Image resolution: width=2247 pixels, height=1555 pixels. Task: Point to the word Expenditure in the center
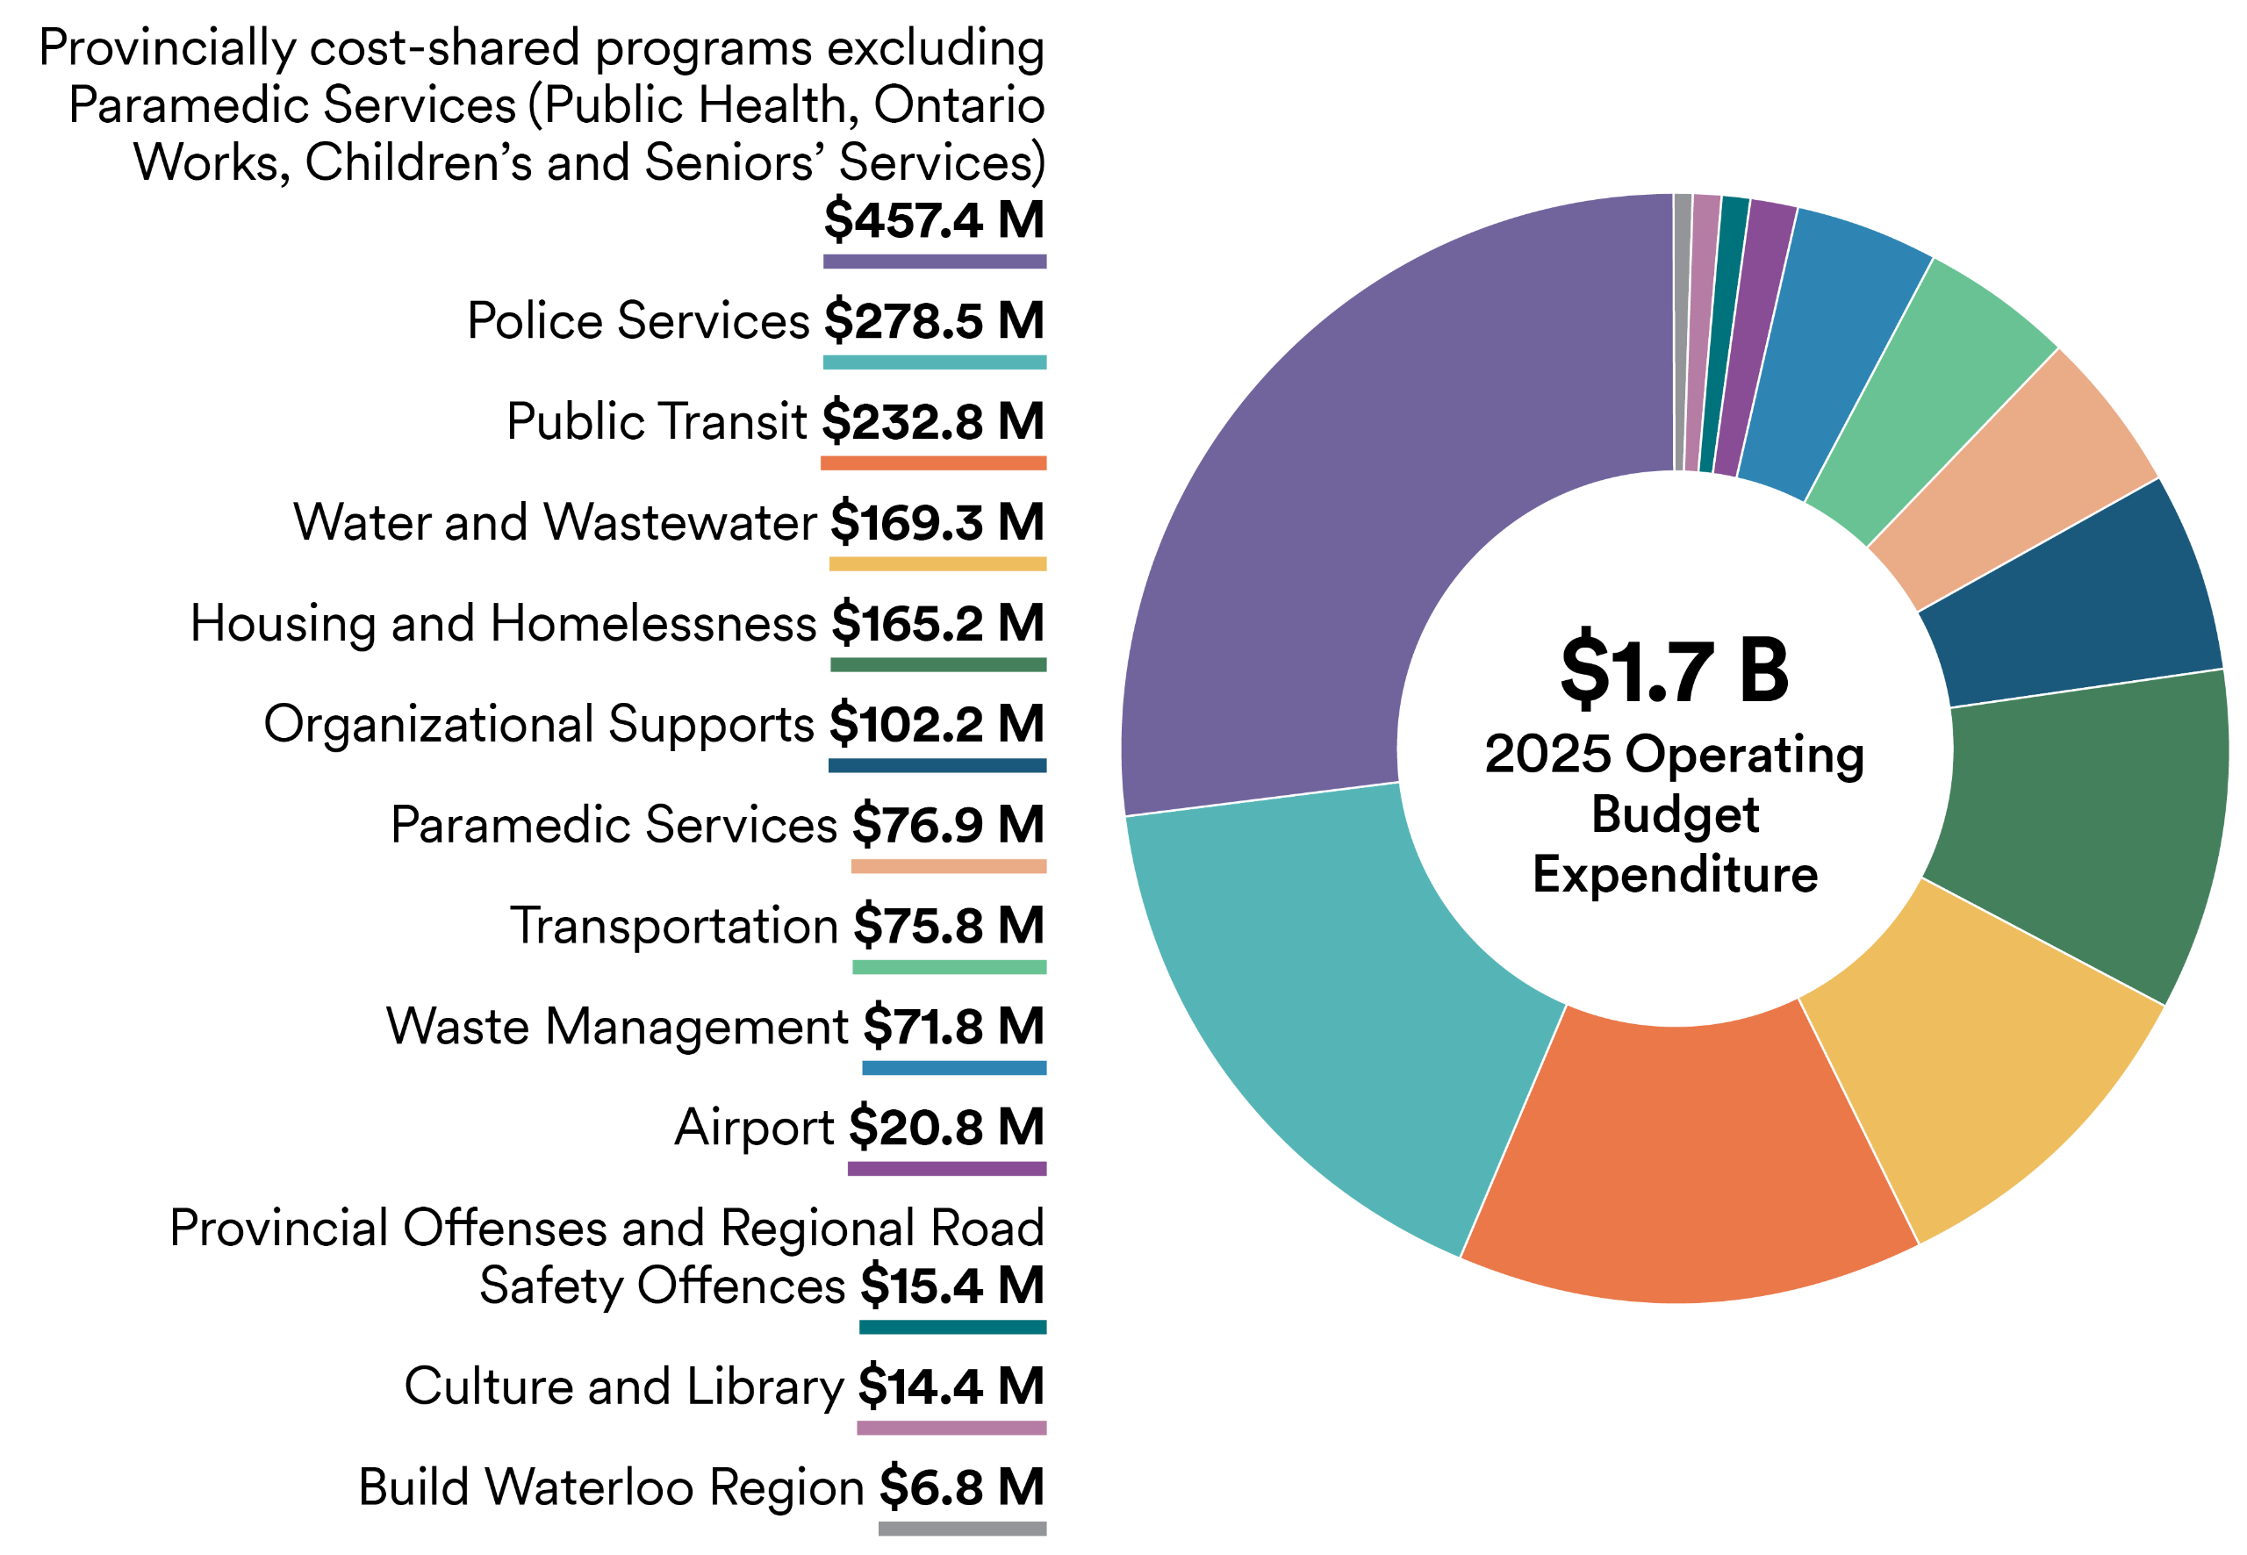(1674, 874)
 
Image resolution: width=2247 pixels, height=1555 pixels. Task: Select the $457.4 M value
(934, 219)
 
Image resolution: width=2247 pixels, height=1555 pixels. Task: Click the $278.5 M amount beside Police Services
(934, 320)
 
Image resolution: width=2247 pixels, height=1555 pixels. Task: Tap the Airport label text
(753, 1129)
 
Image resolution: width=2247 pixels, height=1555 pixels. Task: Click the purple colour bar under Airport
(946, 1168)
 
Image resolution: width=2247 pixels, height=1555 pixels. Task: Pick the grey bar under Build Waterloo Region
(962, 1529)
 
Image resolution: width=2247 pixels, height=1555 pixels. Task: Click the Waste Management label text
(617, 1027)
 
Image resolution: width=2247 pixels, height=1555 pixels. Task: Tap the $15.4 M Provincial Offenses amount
(951, 1286)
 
